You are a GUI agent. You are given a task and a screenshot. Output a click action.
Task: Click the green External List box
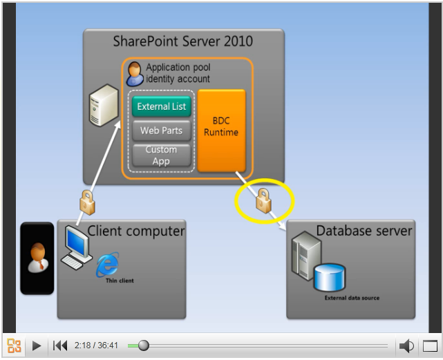(162, 106)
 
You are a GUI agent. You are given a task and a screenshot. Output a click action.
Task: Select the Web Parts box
(162, 131)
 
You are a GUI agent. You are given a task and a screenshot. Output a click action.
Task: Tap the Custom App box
(162, 155)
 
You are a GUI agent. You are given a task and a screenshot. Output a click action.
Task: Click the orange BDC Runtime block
(221, 131)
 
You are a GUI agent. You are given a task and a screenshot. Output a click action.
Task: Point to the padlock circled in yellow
(263, 200)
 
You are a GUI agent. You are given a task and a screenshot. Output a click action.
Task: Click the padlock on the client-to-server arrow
(87, 202)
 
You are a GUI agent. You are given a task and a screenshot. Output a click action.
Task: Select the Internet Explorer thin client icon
(108, 265)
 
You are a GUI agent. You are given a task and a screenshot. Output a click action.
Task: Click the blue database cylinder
(330, 277)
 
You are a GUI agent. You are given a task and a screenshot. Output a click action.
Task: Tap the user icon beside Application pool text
(135, 74)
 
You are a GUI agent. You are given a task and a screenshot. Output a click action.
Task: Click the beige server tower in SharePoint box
(104, 105)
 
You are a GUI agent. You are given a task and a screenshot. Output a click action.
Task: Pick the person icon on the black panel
(38, 258)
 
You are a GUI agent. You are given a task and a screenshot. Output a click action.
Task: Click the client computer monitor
(77, 242)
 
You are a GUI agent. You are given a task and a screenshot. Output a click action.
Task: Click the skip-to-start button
(60, 345)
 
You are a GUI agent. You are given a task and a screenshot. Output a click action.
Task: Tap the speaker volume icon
(406, 346)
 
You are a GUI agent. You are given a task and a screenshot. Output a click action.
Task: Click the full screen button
(430, 346)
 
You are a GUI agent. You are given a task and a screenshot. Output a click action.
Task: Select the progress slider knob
(144, 345)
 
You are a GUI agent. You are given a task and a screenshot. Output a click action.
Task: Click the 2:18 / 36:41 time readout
(96, 345)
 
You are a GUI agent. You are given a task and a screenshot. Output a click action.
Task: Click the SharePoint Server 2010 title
(182, 41)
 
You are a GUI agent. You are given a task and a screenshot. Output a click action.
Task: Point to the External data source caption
(352, 298)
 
